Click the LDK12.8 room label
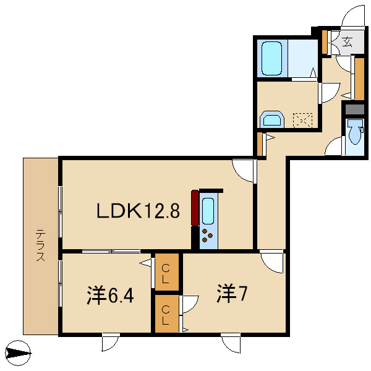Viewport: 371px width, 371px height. (x=139, y=211)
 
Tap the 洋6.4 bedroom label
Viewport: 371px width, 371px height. (x=110, y=295)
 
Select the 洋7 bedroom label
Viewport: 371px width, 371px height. (x=232, y=294)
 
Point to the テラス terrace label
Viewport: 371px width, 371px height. (x=40, y=245)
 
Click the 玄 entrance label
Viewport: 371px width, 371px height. (x=347, y=42)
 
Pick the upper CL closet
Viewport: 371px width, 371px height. (x=167, y=272)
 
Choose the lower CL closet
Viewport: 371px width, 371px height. (x=167, y=313)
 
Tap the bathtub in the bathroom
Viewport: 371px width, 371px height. (x=272, y=59)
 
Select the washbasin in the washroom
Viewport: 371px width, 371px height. (x=272, y=119)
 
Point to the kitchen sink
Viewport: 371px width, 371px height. (x=208, y=211)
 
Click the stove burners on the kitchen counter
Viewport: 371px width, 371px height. (x=207, y=236)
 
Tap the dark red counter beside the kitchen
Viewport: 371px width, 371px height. (x=195, y=208)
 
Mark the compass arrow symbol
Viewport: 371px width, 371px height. (x=18, y=353)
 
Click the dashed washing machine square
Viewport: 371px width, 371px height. (x=302, y=121)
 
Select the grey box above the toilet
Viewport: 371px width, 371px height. (x=354, y=109)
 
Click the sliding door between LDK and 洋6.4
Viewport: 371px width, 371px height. (x=111, y=251)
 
